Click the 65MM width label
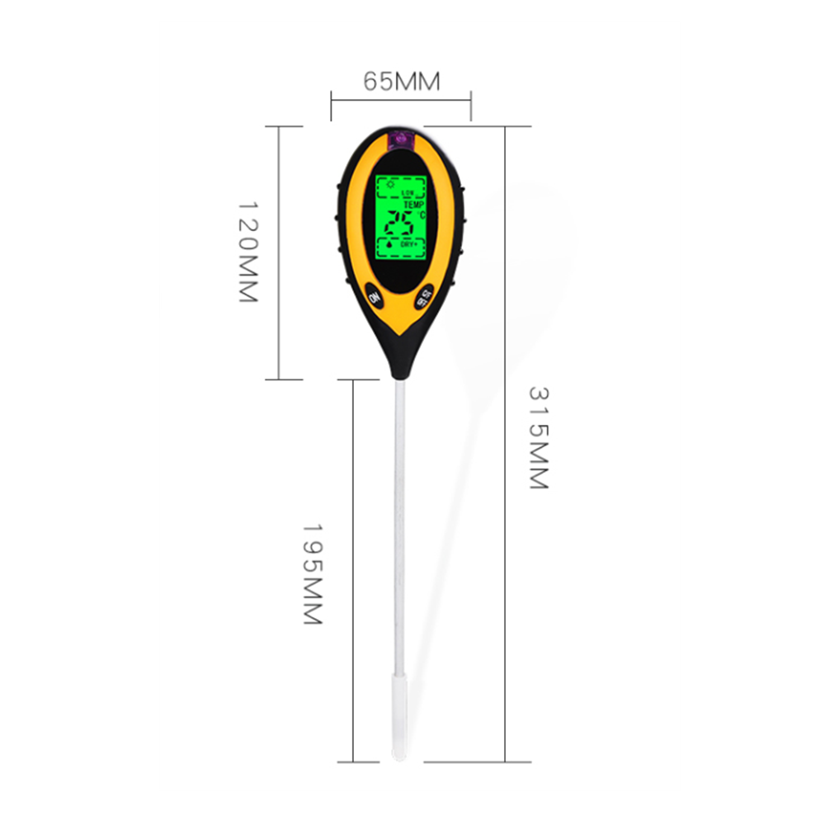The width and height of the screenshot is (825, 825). coord(401,82)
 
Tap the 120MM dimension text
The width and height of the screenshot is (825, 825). coord(248,251)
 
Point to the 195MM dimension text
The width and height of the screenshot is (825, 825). coord(311,573)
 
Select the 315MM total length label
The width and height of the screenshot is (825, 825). coord(538,436)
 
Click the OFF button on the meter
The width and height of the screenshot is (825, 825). coord(426,298)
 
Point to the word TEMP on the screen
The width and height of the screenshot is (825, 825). coord(413,205)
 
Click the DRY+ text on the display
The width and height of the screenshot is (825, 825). coord(409,246)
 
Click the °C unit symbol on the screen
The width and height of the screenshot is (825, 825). coord(422,215)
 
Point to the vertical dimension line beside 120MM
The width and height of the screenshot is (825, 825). coord(280,251)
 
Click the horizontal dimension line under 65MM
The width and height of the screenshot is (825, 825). coord(401,99)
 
